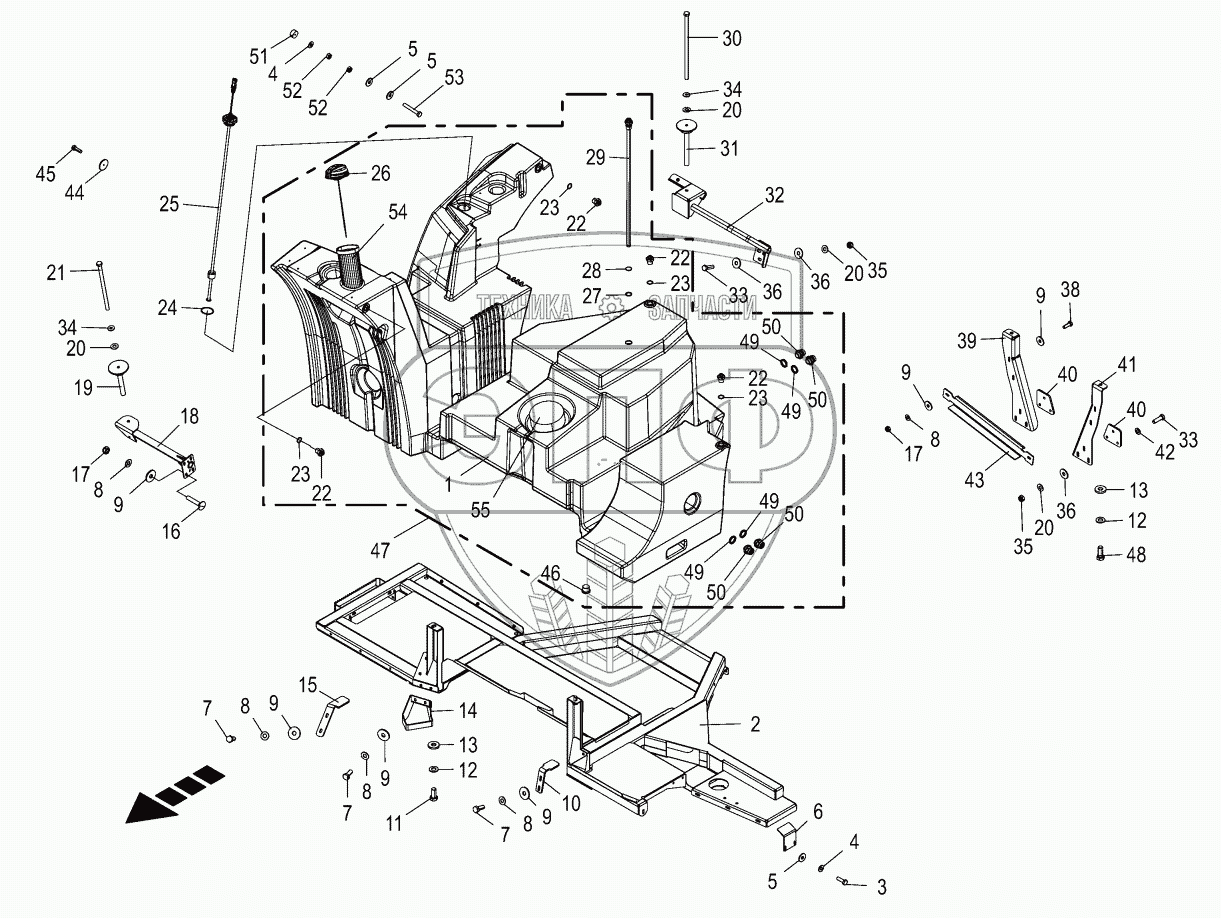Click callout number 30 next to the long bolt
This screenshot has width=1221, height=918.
click(732, 39)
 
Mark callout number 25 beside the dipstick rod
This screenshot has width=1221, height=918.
click(169, 204)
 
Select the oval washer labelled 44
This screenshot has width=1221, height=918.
click(105, 166)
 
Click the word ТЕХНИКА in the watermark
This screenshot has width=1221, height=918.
click(523, 307)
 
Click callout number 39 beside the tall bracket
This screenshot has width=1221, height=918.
click(966, 341)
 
